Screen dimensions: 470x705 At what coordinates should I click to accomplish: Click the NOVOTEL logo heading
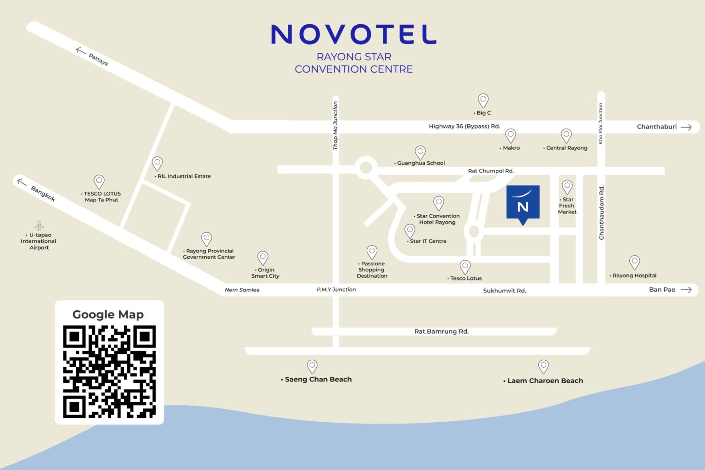tap(353, 34)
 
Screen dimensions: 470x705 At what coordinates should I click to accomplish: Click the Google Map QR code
tap(109, 371)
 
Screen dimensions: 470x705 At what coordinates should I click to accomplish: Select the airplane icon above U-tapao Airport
tap(39, 225)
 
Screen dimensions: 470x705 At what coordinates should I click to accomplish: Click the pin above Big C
tap(483, 100)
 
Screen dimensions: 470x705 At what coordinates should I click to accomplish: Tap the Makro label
tap(511, 148)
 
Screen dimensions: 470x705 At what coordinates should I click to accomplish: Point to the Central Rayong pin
tap(566, 135)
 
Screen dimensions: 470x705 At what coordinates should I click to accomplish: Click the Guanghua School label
tap(420, 163)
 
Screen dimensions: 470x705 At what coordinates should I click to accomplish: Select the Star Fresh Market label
tap(567, 206)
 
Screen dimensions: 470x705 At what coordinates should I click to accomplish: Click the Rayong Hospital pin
tap(634, 262)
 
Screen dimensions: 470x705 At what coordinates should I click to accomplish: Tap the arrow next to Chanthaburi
tap(686, 127)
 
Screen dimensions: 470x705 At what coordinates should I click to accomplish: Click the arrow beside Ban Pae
tap(686, 290)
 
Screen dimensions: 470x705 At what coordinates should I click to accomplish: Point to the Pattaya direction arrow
tap(81, 50)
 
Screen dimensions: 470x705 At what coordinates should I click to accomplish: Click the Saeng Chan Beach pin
tap(312, 366)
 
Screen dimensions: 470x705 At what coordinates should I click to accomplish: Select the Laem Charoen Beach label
tap(545, 380)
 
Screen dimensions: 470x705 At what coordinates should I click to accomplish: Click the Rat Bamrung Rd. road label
tap(442, 331)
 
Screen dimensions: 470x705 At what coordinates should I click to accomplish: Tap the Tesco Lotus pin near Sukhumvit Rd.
tap(465, 266)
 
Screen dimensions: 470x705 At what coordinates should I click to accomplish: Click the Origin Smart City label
tap(265, 273)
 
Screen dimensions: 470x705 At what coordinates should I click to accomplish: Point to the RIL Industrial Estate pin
tap(157, 163)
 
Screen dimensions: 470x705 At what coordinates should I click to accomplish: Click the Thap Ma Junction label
tap(336, 125)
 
